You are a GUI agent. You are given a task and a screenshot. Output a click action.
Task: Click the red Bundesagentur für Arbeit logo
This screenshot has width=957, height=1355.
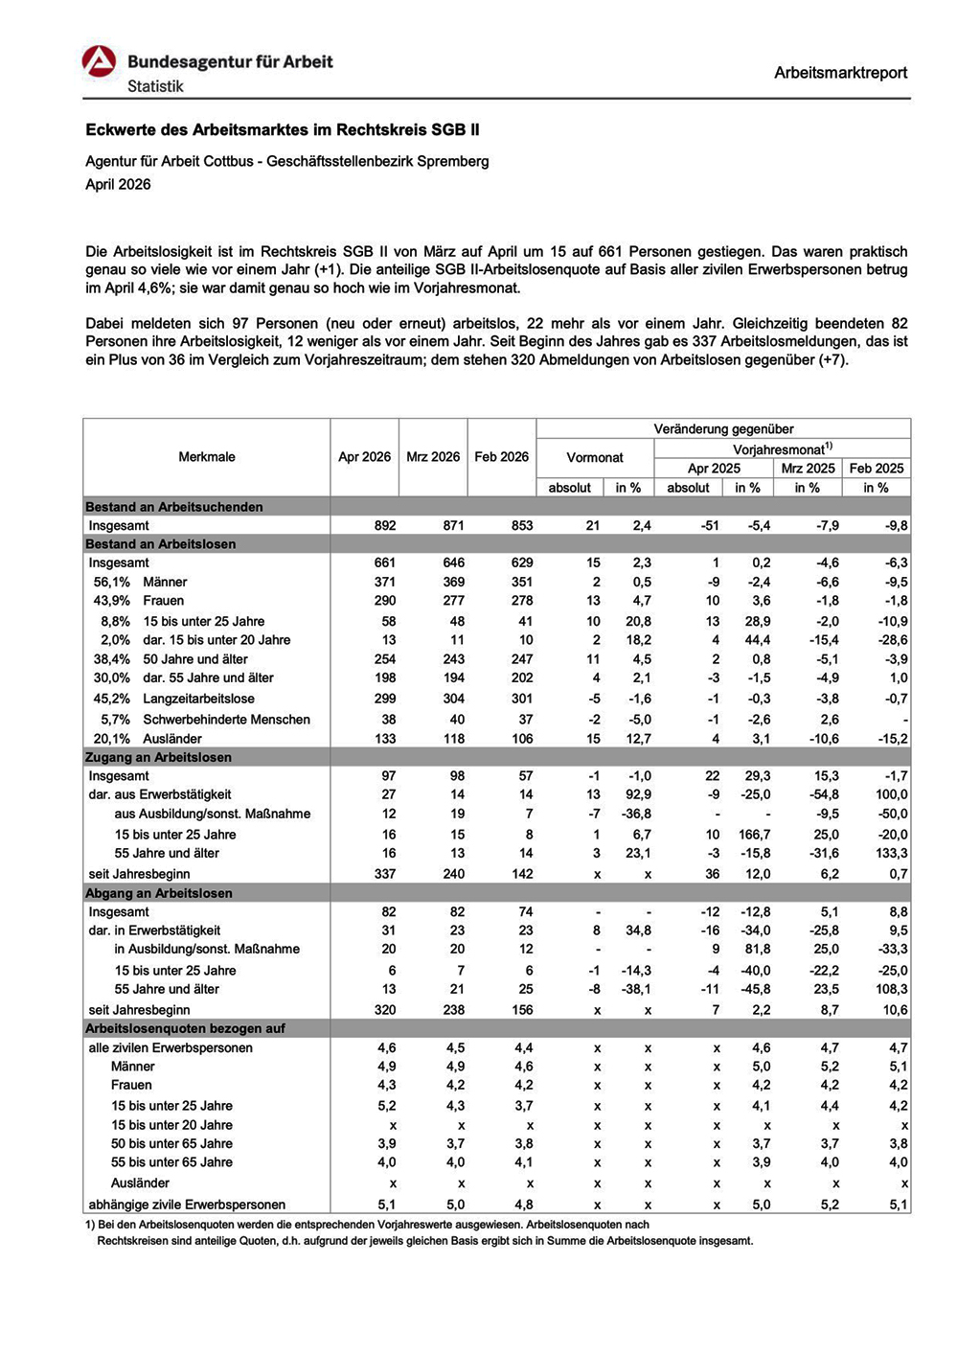point(100,62)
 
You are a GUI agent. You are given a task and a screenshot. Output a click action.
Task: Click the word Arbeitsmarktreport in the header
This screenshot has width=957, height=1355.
point(840,73)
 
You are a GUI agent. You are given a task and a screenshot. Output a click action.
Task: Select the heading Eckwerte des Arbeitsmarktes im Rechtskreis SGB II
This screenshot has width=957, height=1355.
point(283,130)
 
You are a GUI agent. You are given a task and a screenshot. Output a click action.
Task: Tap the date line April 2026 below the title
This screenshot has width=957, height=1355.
point(118,185)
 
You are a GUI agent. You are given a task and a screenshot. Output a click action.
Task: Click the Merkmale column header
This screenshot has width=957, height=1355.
point(207,457)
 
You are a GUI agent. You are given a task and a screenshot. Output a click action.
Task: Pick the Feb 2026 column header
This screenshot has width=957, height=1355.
point(501,457)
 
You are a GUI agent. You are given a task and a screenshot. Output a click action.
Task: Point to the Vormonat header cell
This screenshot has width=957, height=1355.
point(595,458)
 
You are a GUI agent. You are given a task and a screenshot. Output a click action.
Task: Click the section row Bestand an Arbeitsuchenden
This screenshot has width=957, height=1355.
point(173,507)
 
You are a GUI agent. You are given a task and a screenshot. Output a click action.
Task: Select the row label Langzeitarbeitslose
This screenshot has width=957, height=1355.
point(199,699)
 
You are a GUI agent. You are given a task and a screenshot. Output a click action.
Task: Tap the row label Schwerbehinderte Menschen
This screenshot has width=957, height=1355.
point(226,720)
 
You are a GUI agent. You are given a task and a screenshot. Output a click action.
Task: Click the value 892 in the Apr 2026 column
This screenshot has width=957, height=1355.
point(384,526)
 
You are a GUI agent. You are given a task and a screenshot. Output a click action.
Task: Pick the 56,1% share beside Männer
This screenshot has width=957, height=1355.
point(112,583)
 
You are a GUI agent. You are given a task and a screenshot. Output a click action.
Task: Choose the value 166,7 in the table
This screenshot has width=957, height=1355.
point(755,835)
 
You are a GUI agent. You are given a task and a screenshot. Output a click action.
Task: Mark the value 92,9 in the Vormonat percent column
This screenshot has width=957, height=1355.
point(638,794)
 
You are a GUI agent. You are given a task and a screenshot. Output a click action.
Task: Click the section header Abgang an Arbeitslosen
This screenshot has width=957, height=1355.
point(159,893)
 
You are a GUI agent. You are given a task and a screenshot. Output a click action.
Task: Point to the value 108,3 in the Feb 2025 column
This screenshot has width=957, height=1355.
point(890,989)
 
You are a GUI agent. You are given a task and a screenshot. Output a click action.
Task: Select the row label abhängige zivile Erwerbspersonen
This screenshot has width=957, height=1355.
point(187,1205)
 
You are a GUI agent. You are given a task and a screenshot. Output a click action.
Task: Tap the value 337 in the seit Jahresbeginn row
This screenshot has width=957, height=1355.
point(384,874)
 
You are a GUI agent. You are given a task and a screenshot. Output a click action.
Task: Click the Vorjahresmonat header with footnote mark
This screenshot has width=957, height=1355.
point(782,449)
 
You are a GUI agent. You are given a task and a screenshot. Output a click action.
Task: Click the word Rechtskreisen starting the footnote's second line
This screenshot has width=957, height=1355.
point(131,1241)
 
